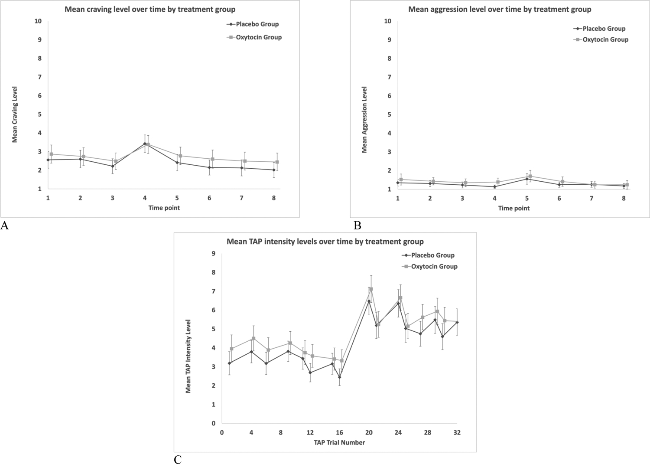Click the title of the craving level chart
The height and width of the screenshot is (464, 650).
pyautogui.click(x=150, y=9)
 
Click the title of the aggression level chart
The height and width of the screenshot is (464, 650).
pyautogui.click(x=500, y=9)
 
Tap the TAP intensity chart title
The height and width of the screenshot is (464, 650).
pyautogui.click(x=325, y=242)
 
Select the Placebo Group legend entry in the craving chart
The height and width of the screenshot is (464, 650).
pyautogui.click(x=257, y=24)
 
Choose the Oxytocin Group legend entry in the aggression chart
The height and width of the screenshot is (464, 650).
pyautogui.click(x=605, y=39)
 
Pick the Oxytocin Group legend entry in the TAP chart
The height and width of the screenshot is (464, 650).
pyautogui.click(x=434, y=266)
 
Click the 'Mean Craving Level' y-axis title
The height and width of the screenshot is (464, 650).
pyautogui.click(x=15, y=114)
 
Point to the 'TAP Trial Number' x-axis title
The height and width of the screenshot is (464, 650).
pyautogui.click(x=339, y=442)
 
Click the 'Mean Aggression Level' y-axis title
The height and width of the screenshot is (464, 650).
pyautogui.click(x=364, y=120)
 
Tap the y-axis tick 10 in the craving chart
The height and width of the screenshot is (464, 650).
pyautogui.click(x=38, y=21)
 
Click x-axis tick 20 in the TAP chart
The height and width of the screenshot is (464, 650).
pyautogui.click(x=369, y=432)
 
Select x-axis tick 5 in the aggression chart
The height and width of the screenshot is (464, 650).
pyautogui.click(x=527, y=198)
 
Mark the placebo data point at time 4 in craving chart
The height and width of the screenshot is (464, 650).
pyautogui.click(x=145, y=144)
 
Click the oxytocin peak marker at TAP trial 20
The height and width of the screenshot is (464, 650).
pyautogui.click(x=371, y=289)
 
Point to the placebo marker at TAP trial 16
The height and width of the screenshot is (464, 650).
pyautogui.click(x=340, y=377)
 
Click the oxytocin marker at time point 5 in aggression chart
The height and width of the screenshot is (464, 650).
pyautogui.click(x=530, y=176)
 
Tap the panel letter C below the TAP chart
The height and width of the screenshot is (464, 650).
pyautogui.click(x=178, y=460)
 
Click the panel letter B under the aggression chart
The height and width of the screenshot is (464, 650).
pyautogui.click(x=357, y=225)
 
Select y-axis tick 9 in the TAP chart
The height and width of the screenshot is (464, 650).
pyautogui.click(x=213, y=254)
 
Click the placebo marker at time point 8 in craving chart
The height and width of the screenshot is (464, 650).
pyautogui.click(x=274, y=170)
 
